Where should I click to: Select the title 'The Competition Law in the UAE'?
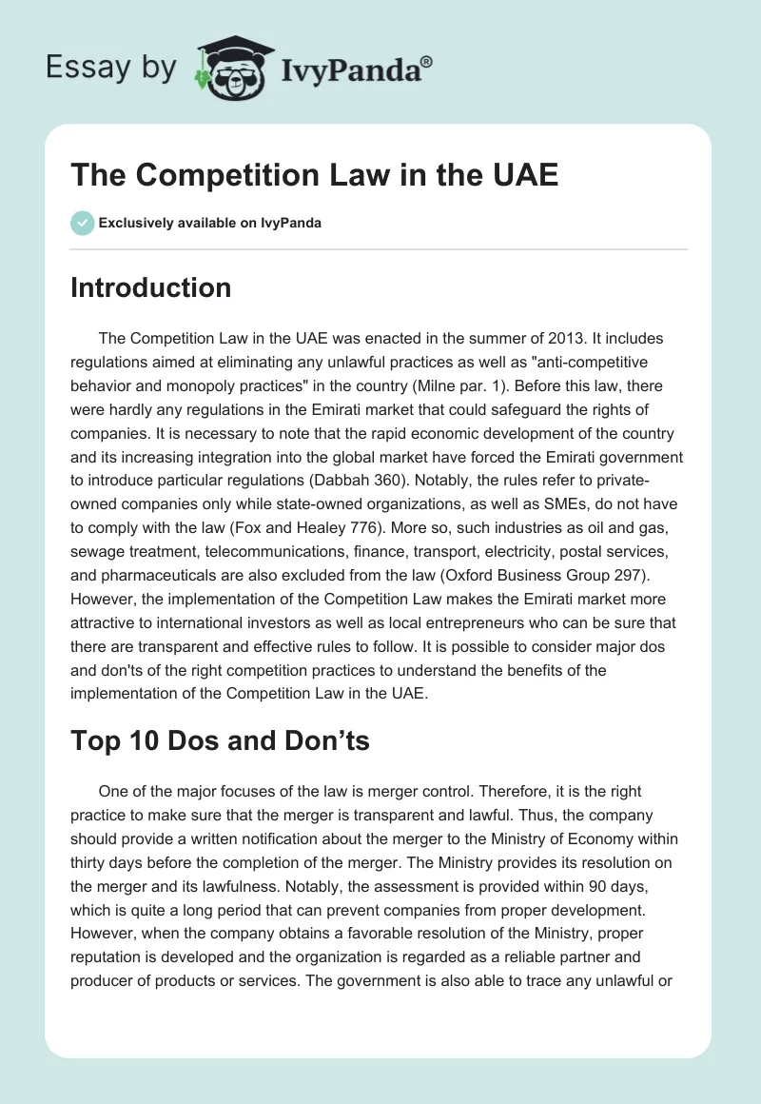(x=314, y=177)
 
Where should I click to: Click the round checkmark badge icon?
(x=82, y=223)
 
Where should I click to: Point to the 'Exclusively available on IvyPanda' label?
(x=209, y=223)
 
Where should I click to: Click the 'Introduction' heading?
(x=150, y=288)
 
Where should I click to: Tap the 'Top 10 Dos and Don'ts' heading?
(x=220, y=742)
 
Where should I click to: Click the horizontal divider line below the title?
(x=379, y=249)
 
